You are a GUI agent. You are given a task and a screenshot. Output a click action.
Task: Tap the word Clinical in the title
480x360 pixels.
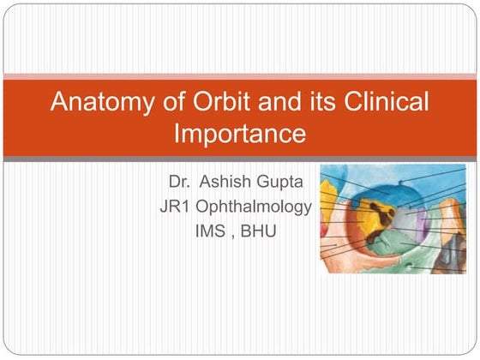point(381,103)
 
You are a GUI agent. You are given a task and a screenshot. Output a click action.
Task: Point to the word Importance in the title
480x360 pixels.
point(239,134)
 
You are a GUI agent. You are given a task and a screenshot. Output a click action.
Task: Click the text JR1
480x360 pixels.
point(175,207)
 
